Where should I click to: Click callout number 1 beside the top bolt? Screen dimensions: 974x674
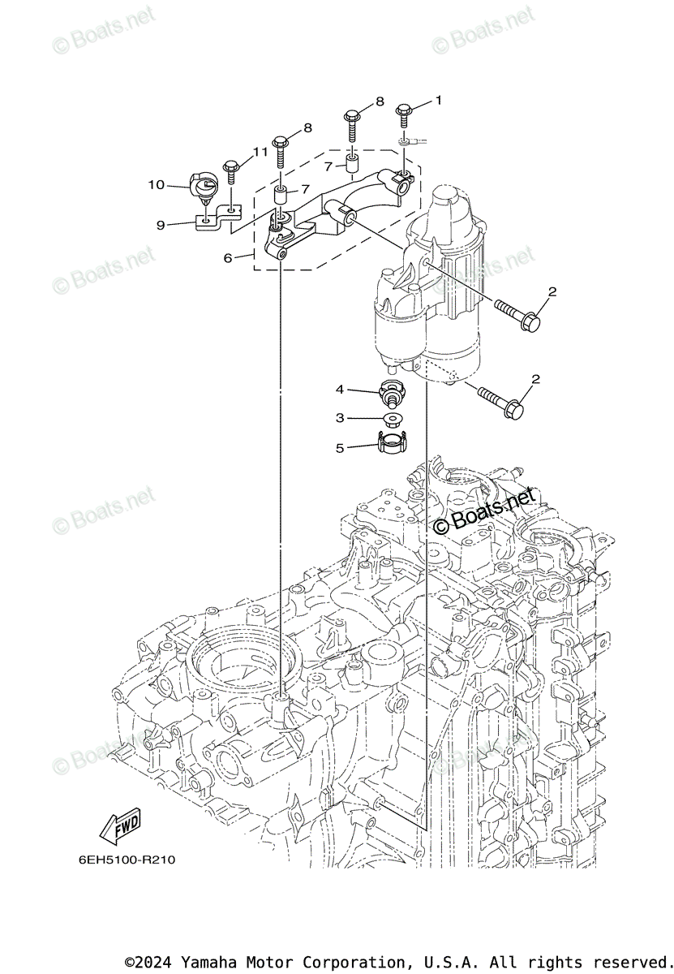pos(438,101)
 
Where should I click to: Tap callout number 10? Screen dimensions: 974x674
pos(156,185)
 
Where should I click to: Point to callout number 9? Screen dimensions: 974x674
pos(161,224)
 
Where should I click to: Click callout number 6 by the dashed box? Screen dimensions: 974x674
pos(229,257)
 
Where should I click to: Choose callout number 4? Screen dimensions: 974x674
pos(341,390)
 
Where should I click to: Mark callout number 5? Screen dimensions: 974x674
pos(341,446)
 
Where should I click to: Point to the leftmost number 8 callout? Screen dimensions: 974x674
pos(307,128)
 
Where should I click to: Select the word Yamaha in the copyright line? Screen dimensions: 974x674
pos(209,962)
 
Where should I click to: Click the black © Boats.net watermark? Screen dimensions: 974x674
pos(484,513)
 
